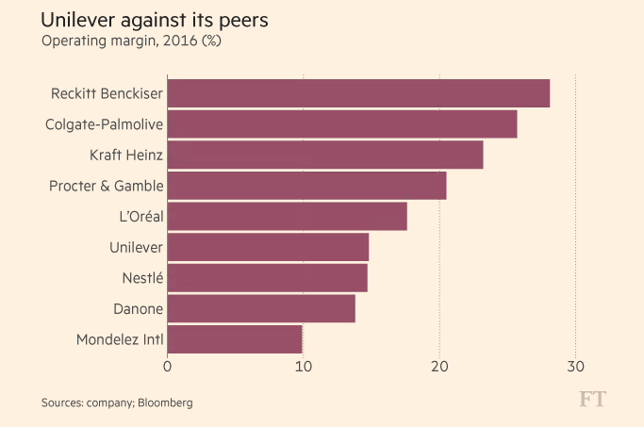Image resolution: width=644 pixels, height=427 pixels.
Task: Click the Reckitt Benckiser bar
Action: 358,94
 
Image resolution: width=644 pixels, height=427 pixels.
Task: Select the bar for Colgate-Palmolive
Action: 342,124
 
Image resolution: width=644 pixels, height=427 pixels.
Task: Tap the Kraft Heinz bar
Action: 325,156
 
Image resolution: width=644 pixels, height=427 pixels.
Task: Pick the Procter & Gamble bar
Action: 306,186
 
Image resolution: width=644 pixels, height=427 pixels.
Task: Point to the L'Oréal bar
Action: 288,217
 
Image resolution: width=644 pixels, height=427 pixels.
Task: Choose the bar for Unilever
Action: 268,248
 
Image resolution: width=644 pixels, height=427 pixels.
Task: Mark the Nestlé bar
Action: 268,278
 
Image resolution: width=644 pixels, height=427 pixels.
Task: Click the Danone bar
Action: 261,309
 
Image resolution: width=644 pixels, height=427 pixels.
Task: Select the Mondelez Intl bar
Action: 235,339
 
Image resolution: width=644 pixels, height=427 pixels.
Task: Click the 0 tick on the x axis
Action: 168,367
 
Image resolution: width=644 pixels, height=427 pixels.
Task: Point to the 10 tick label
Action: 304,367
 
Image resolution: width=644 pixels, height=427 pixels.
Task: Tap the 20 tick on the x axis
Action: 439,367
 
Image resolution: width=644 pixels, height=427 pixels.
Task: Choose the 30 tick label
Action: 575,367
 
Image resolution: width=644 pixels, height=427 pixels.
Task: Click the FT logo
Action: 592,400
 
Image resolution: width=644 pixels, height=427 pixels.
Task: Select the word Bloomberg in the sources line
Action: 165,402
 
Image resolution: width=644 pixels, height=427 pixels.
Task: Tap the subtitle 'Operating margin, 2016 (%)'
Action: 130,41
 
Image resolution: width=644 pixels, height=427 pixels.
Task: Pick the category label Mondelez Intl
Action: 120,339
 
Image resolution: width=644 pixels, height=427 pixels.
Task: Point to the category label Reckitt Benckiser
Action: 107,94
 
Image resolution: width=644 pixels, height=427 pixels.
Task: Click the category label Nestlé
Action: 142,278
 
